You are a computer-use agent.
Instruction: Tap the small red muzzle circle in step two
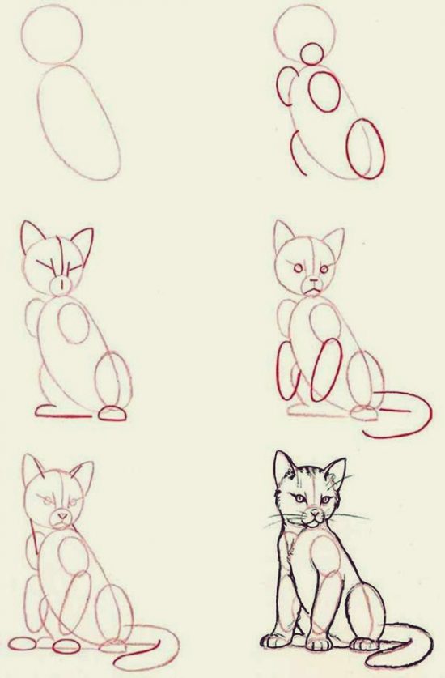(x=311, y=54)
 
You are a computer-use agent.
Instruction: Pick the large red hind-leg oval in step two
(x=363, y=148)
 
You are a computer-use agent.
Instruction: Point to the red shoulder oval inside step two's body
(x=325, y=93)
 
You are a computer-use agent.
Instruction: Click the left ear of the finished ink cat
(x=282, y=468)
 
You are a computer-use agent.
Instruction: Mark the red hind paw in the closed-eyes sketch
(x=112, y=414)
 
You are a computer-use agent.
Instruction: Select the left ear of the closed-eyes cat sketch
(x=33, y=238)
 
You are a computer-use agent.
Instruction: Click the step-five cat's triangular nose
(x=61, y=514)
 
